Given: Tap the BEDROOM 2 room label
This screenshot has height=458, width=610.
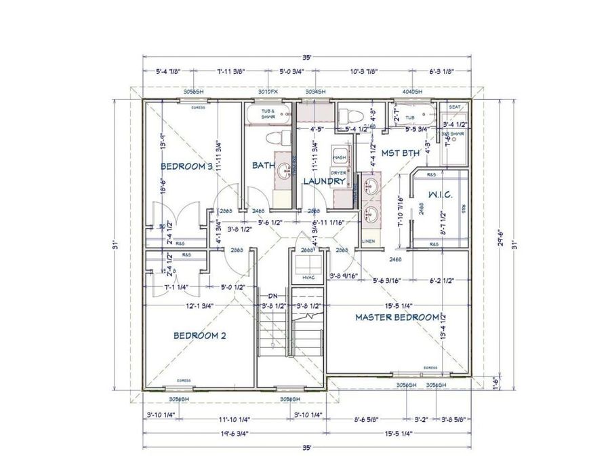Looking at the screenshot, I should (199, 335).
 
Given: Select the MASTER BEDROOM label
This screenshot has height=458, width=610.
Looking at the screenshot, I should (396, 317).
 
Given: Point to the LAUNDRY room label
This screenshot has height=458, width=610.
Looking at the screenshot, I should (325, 181).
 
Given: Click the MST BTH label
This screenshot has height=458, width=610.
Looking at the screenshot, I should (400, 153).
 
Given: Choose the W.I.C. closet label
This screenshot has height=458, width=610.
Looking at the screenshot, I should (441, 197).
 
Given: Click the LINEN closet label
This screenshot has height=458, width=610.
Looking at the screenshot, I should (368, 242).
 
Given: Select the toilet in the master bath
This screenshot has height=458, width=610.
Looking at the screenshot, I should (351, 113).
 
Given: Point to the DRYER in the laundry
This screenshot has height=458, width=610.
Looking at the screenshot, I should (339, 174).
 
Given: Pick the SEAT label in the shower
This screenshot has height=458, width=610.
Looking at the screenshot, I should (455, 107).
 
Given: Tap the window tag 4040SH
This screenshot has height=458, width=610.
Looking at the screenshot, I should (412, 91).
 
